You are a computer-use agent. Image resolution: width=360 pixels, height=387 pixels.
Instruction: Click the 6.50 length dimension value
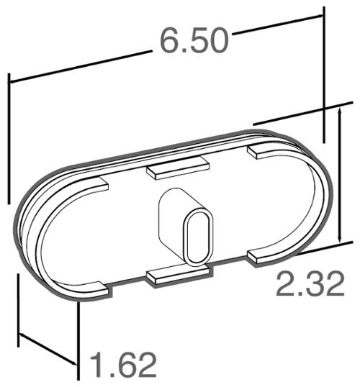click(x=194, y=40)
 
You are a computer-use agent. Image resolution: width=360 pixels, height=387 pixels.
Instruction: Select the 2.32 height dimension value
click(x=310, y=284)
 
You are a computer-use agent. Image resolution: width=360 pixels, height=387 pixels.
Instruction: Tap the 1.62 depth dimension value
click(x=123, y=365)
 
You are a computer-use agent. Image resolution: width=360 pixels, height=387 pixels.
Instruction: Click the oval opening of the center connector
click(x=199, y=237)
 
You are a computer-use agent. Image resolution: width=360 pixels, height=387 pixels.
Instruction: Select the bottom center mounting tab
click(x=179, y=276)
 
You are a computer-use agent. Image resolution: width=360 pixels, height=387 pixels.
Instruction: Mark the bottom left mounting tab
click(x=99, y=288)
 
